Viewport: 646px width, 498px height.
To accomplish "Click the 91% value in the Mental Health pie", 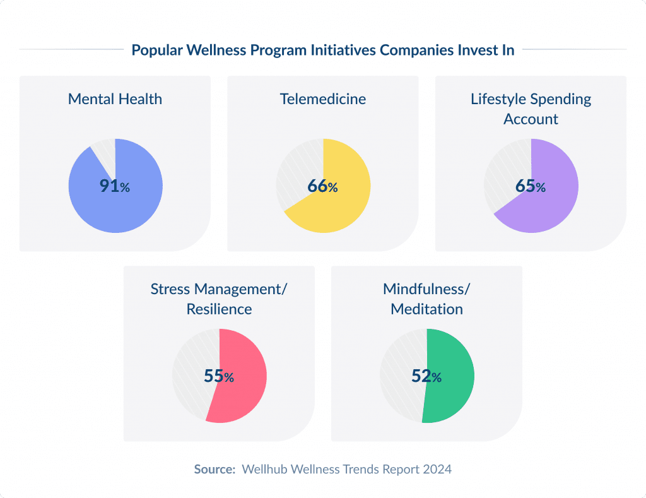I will point(114,186).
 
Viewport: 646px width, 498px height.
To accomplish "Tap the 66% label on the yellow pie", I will point(322,186).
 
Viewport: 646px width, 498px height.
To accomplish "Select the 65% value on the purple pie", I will point(530,186).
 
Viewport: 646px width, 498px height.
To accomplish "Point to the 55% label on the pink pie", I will point(218,376).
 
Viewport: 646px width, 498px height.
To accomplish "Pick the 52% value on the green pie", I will point(426,376).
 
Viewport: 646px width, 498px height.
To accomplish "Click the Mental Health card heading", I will point(115,99).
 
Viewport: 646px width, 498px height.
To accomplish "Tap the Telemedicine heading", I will point(323,99).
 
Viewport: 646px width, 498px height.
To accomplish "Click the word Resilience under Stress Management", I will point(219,309).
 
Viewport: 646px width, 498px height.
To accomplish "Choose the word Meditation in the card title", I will point(426,309).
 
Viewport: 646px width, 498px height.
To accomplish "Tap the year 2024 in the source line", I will point(438,470).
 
